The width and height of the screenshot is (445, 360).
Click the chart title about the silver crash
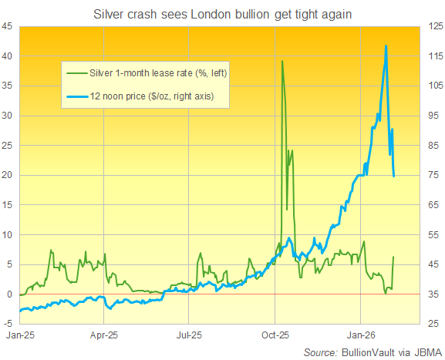pyautogui.click(x=222, y=14)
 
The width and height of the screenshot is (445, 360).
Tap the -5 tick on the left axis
pyautogui.click(x=8, y=324)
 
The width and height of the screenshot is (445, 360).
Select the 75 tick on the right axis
pyautogui.click(x=429, y=175)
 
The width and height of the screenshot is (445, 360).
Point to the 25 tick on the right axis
pyautogui.click(x=429, y=324)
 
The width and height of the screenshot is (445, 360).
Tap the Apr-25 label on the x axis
pyautogui.click(x=103, y=336)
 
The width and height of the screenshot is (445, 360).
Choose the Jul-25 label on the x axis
pyautogui.click(x=189, y=336)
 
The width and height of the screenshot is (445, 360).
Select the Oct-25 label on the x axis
pyautogui.click(x=275, y=336)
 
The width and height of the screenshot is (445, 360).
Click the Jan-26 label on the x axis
pyautogui.click(x=361, y=336)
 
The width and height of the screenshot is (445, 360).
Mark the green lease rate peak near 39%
pyautogui.click(x=282, y=62)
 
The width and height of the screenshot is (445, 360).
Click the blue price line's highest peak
pyautogui.click(x=386, y=46)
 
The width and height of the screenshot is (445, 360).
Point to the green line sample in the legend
pyautogui.click(x=77, y=73)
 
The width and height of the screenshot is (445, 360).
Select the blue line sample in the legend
pyautogui.click(x=77, y=96)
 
